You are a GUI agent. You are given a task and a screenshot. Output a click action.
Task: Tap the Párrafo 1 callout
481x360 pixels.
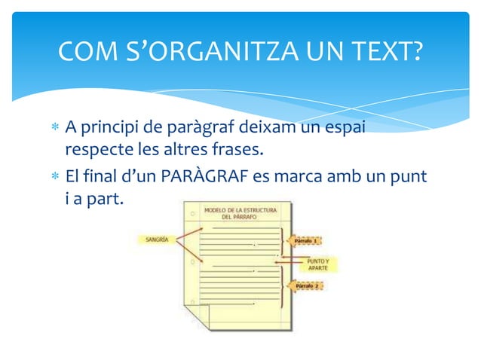pyautogui.click(x=305, y=241)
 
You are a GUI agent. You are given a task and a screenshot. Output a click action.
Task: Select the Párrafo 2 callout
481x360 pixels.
pyautogui.click(x=305, y=287)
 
